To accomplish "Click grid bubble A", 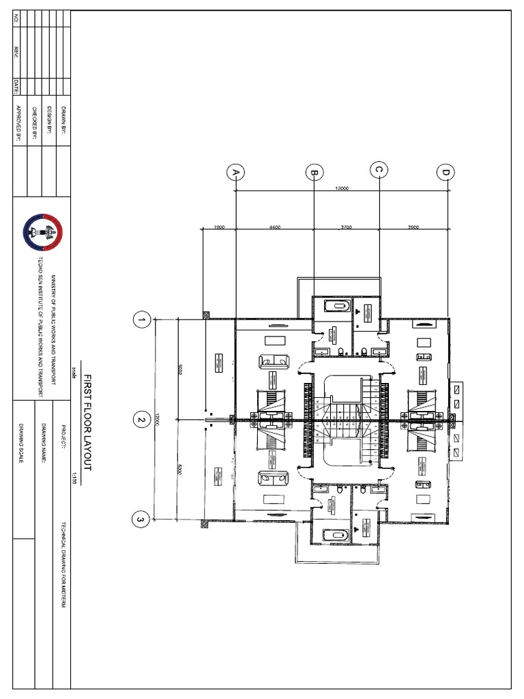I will [x=236, y=173].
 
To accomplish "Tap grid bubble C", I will [x=379, y=170].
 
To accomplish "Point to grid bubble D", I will [x=446, y=173].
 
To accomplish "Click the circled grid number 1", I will [x=142, y=319].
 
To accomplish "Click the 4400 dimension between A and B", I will [x=274, y=227].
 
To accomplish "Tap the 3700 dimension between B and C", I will [x=345, y=227].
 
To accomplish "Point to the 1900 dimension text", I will [x=219, y=227].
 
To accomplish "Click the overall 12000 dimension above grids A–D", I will [x=341, y=188].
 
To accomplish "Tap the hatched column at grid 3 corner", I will [x=204, y=524].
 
